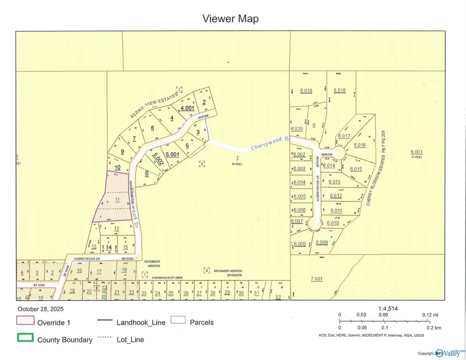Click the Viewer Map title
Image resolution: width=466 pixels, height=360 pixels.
tap(230, 19)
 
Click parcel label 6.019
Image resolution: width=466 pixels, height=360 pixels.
tap(306, 91)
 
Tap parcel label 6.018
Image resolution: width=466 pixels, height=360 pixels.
tap(340, 90)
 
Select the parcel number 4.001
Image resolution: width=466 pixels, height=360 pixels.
tap(186, 108)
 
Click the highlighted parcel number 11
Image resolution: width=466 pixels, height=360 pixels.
tap(118, 199)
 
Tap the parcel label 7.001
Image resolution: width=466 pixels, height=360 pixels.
tap(316, 279)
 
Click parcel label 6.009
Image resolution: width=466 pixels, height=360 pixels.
tap(322, 242)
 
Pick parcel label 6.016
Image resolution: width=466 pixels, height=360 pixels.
tap(359, 145)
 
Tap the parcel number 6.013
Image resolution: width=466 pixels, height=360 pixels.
tap(334, 182)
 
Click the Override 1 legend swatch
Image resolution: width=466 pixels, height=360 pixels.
tap(25, 322)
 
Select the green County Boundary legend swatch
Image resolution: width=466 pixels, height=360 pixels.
tap(25, 339)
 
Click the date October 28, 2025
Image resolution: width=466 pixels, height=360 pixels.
tap(40, 309)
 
